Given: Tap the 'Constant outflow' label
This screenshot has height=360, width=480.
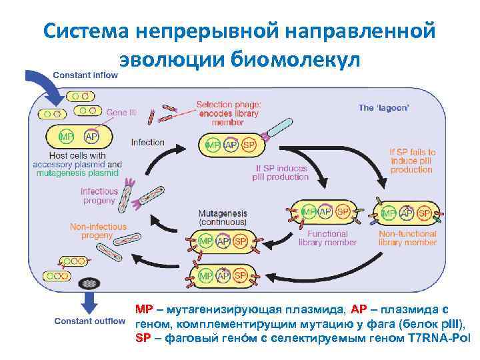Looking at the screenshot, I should click(x=89, y=321).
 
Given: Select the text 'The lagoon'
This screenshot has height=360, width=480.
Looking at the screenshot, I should click(x=385, y=107).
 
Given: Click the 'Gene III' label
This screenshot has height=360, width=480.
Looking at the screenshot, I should click(x=121, y=113).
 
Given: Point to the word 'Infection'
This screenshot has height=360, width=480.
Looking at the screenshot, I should click(x=147, y=142).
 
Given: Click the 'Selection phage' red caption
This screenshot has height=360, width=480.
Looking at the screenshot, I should click(x=229, y=113).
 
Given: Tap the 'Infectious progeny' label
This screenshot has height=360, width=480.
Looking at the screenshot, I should click(x=99, y=196).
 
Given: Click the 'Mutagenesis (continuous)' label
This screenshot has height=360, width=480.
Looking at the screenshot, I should click(x=223, y=217).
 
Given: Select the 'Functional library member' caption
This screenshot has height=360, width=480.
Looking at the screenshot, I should click(x=328, y=238).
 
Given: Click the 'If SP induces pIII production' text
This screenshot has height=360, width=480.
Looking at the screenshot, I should click(x=281, y=172).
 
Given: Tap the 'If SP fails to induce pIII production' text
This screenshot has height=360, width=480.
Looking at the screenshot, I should click(x=412, y=161).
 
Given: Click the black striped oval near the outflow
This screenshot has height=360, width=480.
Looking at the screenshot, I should click(x=88, y=283).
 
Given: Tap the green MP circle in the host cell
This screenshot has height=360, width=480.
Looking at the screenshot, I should click(x=67, y=137).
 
